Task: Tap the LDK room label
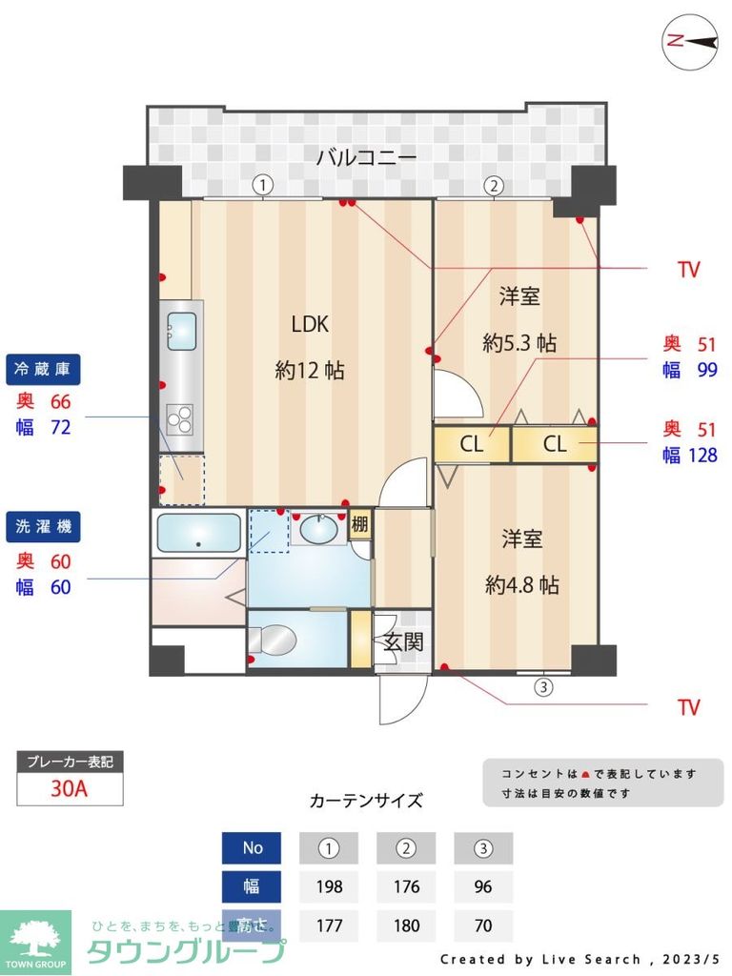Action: pyautogui.click(x=310, y=324)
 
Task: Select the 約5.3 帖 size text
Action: pyautogui.click(x=519, y=342)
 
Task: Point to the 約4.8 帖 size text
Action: pyautogui.click(x=521, y=585)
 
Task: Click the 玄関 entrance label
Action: pyautogui.click(x=403, y=641)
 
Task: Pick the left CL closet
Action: pyautogui.click(x=471, y=444)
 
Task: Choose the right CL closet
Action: pyautogui.click(x=555, y=444)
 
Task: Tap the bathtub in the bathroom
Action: pyautogui.click(x=198, y=534)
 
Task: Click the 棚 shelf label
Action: pyautogui.click(x=359, y=524)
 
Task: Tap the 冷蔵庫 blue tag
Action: pyautogui.click(x=44, y=368)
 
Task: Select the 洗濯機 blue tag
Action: pyautogui.click(x=44, y=525)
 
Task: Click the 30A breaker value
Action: pyautogui.click(x=70, y=789)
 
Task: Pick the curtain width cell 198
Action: pyautogui.click(x=329, y=886)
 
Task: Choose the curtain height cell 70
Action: pyautogui.click(x=482, y=925)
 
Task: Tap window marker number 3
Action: pyautogui.click(x=542, y=684)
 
